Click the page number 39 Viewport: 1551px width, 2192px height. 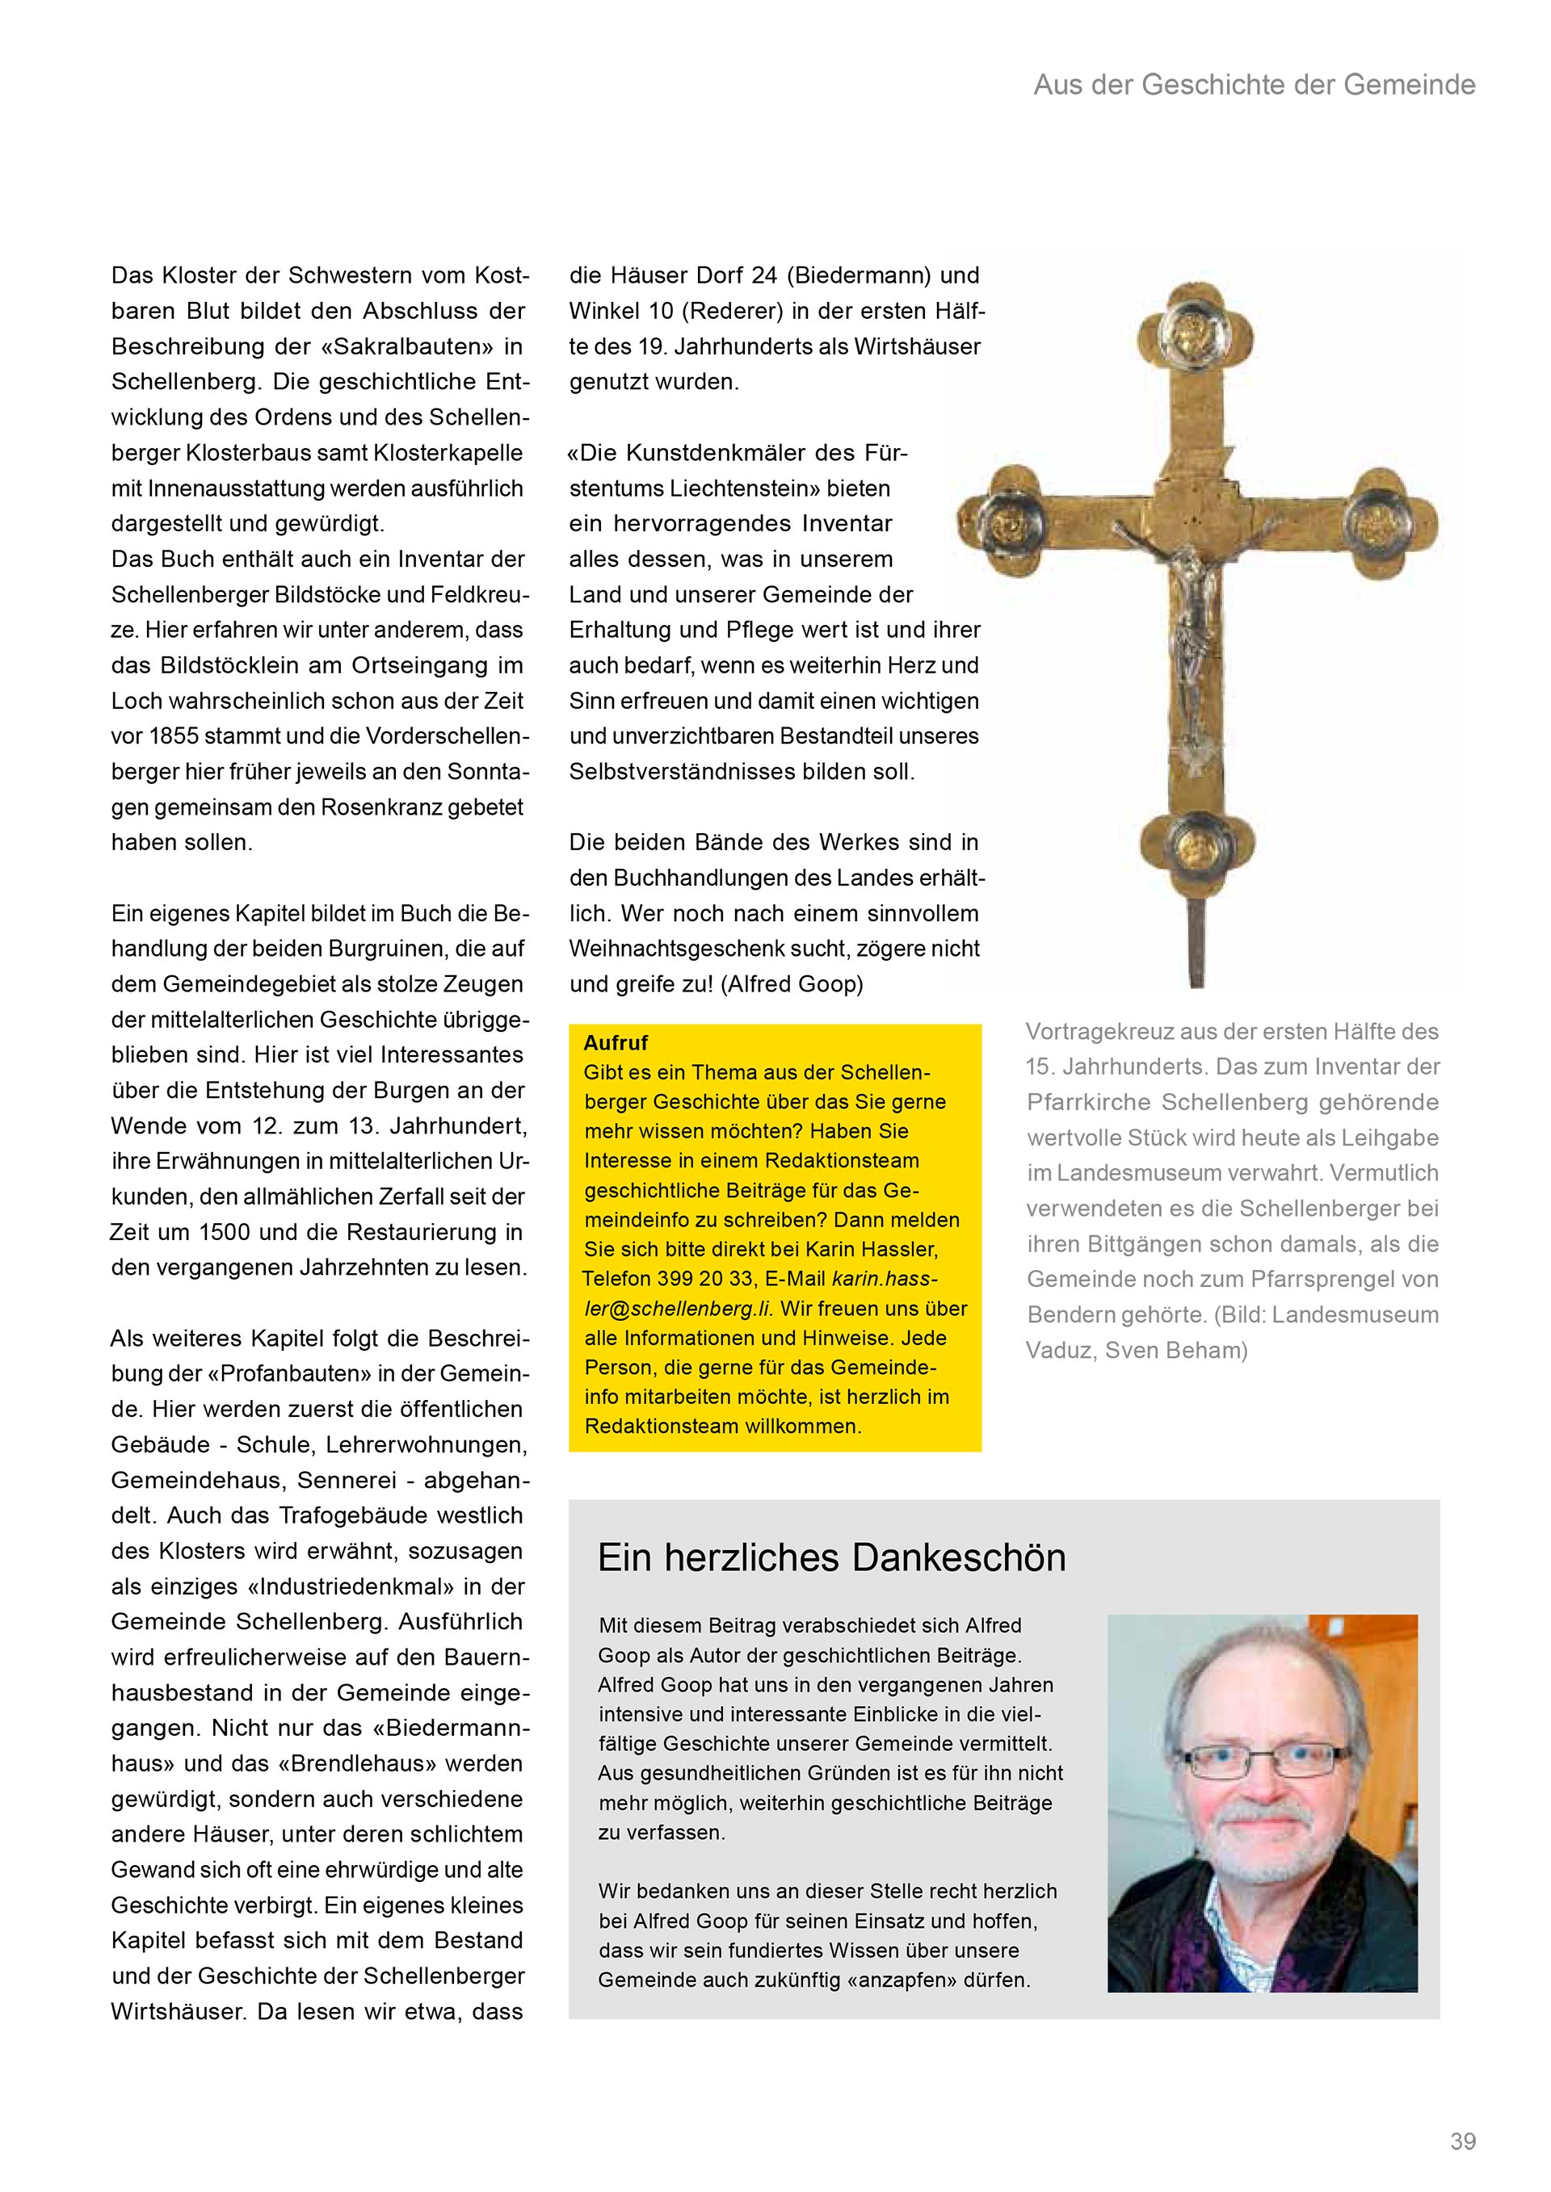click(x=1462, y=2141)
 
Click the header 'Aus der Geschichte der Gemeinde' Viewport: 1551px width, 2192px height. click(x=1254, y=85)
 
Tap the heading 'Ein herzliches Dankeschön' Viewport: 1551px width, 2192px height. click(x=831, y=1557)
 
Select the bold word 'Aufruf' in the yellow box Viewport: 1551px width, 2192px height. click(x=616, y=1042)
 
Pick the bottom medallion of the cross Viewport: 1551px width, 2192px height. click(x=1196, y=842)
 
